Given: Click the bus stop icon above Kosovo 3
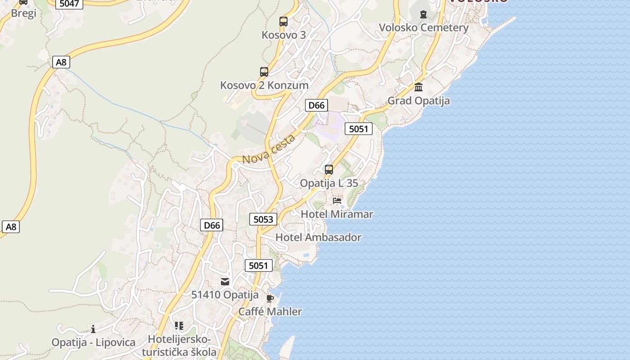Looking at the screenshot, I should [283, 21].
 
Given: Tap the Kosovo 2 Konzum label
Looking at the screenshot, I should [264, 85].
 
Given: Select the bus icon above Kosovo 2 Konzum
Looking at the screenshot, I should [264, 72].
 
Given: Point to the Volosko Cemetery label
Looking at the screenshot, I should [423, 27].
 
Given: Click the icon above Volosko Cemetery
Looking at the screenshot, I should [423, 14].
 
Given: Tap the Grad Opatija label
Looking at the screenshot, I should [418, 100].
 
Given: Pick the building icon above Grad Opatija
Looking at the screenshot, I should [418, 87].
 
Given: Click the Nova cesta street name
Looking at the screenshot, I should [269, 149].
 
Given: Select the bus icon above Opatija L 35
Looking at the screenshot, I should [329, 170].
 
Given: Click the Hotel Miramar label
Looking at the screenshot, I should [337, 214].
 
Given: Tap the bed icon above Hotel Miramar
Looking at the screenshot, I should [337, 201].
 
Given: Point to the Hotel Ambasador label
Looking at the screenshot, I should [318, 237].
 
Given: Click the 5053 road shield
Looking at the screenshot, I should [263, 219].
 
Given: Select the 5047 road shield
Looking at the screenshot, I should [69, 4].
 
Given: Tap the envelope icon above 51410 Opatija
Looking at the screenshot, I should [225, 282].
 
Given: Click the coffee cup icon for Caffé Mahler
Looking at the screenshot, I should [270, 298].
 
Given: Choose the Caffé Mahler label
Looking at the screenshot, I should [270, 311].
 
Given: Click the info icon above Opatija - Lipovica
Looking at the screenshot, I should [93, 329].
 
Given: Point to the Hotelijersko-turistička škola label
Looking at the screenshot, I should [179, 346].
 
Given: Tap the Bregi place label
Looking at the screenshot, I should [23, 13].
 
